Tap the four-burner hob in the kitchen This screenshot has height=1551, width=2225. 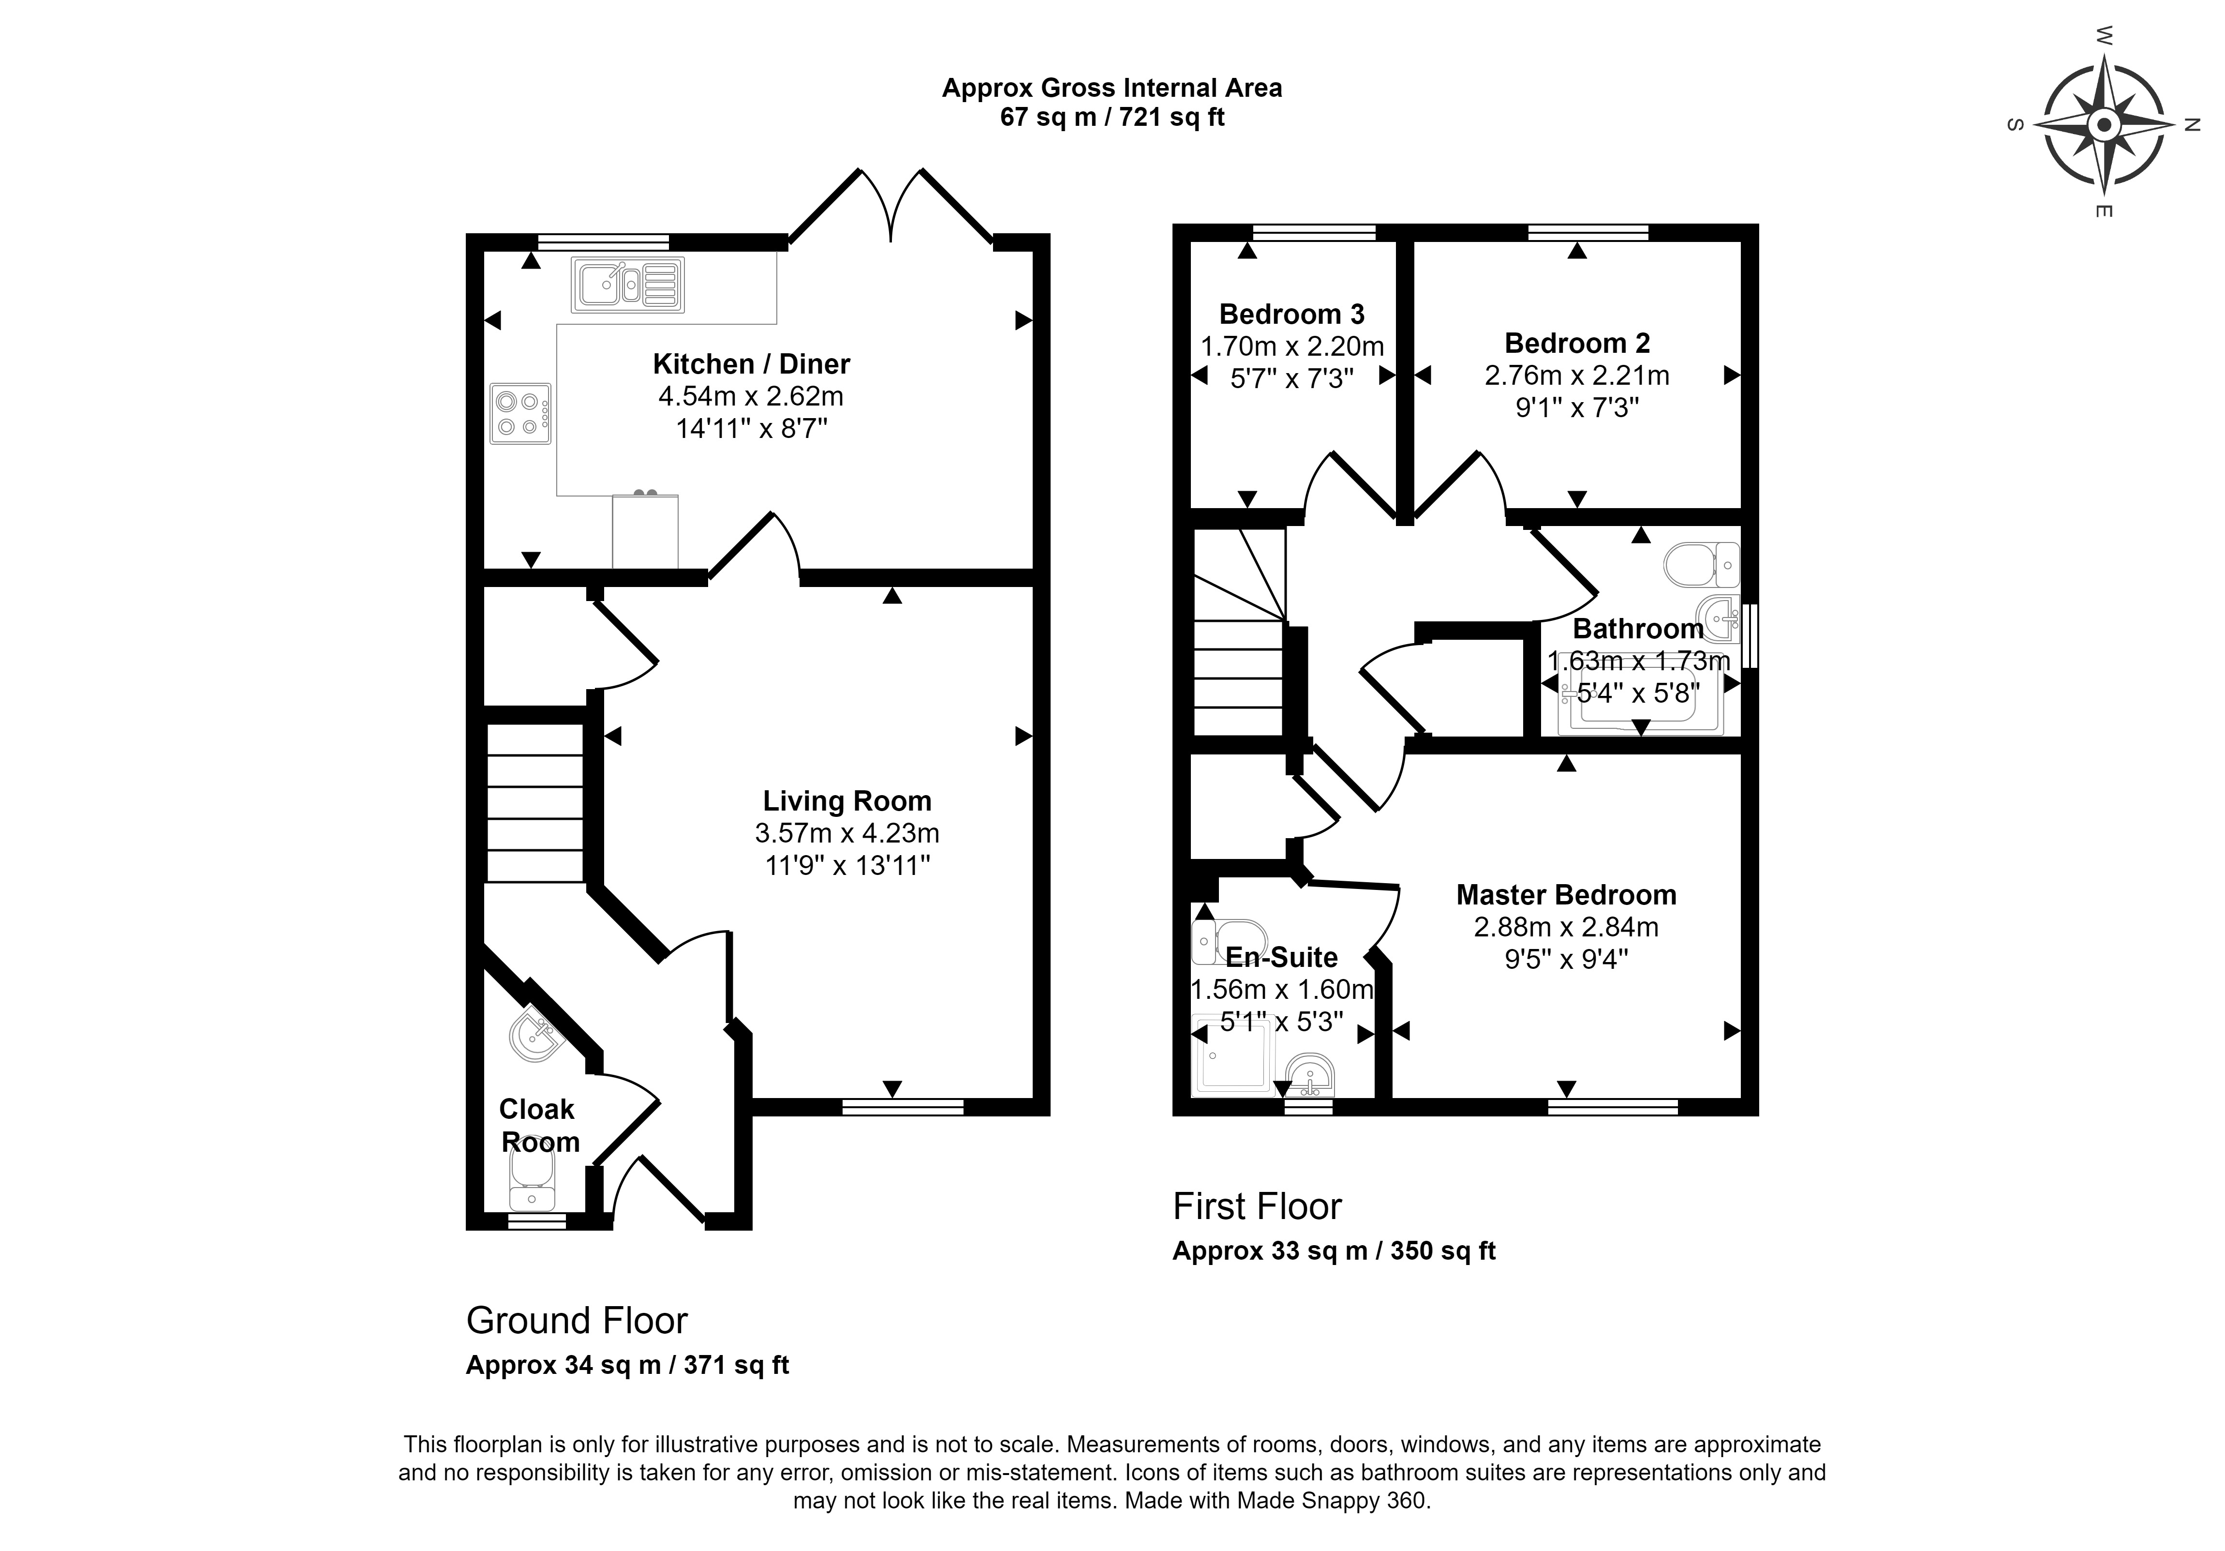[520, 414]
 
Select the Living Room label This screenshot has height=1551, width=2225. [847, 801]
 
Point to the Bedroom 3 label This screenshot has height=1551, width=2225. [1292, 314]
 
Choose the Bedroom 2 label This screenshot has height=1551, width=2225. [1577, 343]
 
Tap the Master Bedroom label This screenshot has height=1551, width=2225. [1566, 895]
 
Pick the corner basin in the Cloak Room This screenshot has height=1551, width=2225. [535, 1034]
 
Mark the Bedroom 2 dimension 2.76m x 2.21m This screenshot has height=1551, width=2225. [1577, 375]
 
